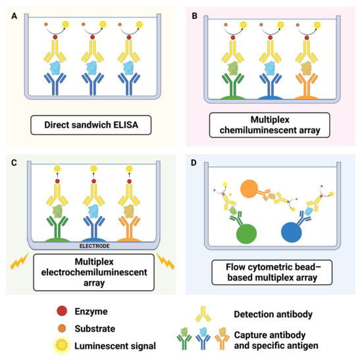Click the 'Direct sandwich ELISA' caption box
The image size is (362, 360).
pos(91,123)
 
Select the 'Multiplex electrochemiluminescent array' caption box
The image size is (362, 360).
pos(91,269)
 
